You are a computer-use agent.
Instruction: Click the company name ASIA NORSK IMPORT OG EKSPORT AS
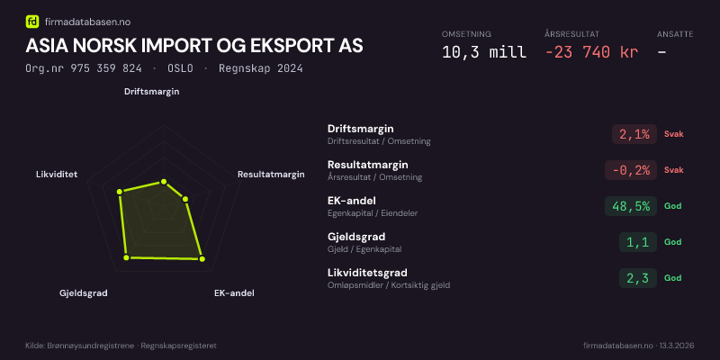(x=195, y=46)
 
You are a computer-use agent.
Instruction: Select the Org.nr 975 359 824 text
(x=84, y=68)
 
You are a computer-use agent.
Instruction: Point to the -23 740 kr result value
(x=591, y=51)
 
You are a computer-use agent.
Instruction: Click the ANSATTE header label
(x=675, y=33)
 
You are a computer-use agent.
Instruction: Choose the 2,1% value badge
(x=634, y=134)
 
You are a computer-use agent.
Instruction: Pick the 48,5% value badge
(x=631, y=206)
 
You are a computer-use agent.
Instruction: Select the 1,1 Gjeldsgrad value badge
(x=637, y=242)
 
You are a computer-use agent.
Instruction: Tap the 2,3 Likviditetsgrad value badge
(x=637, y=278)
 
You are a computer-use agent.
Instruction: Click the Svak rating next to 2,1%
(x=674, y=134)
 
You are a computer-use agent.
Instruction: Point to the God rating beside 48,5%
(x=672, y=206)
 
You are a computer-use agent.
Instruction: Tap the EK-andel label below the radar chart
(x=234, y=293)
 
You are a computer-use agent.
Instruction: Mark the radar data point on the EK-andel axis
(x=202, y=259)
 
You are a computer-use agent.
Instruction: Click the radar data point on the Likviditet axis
(x=119, y=191)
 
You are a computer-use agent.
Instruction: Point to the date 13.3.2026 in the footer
(x=677, y=346)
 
